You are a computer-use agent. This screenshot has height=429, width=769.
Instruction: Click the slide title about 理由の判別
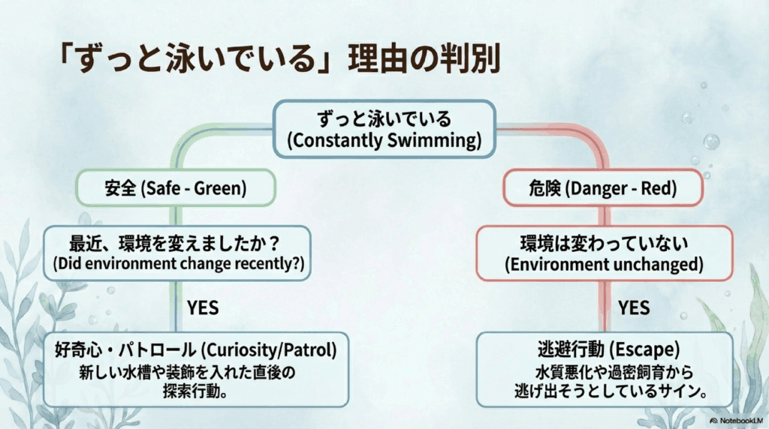point(279,58)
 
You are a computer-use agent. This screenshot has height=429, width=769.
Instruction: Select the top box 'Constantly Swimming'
point(384,129)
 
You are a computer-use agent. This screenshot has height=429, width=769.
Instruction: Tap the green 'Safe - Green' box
point(176,187)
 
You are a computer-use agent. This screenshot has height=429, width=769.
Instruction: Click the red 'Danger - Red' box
point(603,187)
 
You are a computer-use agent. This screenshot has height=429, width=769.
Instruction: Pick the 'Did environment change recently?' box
point(177,253)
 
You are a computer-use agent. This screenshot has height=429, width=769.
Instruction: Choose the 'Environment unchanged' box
point(605,253)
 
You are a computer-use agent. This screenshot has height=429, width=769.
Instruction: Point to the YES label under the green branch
point(203,307)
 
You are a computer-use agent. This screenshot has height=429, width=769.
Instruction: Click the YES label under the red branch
point(634,307)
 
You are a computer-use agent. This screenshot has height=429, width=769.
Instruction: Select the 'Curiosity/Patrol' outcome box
point(196,369)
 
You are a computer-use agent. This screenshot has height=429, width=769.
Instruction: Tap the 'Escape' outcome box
point(605,369)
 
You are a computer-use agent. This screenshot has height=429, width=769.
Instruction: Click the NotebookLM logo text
point(736,421)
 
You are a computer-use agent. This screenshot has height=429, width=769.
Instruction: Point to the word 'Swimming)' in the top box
point(434,140)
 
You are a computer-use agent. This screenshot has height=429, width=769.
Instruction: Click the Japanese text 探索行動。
point(195,391)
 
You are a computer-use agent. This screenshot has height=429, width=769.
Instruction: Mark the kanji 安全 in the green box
point(121,188)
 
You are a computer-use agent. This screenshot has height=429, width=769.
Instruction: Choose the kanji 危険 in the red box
point(544,188)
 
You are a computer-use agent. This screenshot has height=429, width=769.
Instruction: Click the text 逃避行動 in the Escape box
point(571,349)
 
